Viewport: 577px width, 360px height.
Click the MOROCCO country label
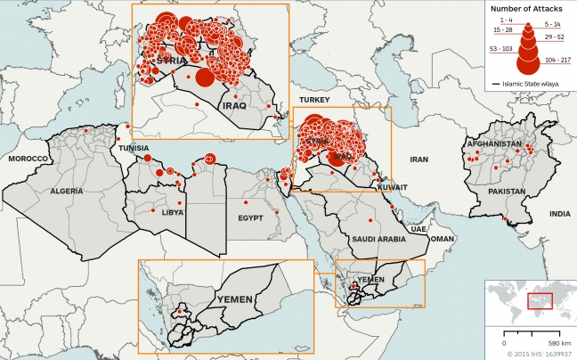(x=27, y=158)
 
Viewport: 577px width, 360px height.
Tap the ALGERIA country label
(x=66, y=191)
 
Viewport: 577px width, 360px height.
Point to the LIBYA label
(x=173, y=213)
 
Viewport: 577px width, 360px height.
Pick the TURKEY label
(x=315, y=99)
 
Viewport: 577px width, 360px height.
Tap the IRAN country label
(x=419, y=159)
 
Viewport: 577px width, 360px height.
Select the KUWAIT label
(x=391, y=188)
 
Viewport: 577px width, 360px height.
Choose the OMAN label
(x=442, y=239)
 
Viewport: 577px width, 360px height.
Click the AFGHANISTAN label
(x=493, y=144)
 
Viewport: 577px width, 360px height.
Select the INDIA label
(x=559, y=214)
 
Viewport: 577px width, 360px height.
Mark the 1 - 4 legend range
(x=506, y=19)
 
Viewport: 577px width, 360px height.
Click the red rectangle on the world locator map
(x=540, y=300)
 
